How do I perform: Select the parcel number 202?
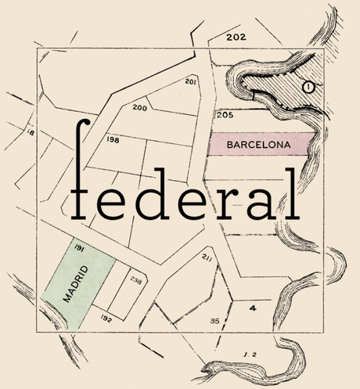(x=236, y=37)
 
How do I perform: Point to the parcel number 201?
(x=190, y=81)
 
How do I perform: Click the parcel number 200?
(x=140, y=107)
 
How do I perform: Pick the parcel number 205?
(x=225, y=115)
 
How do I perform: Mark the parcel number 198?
(x=113, y=139)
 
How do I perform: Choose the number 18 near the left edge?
(x=31, y=134)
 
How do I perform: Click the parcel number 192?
(x=106, y=319)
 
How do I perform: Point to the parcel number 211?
(x=207, y=258)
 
